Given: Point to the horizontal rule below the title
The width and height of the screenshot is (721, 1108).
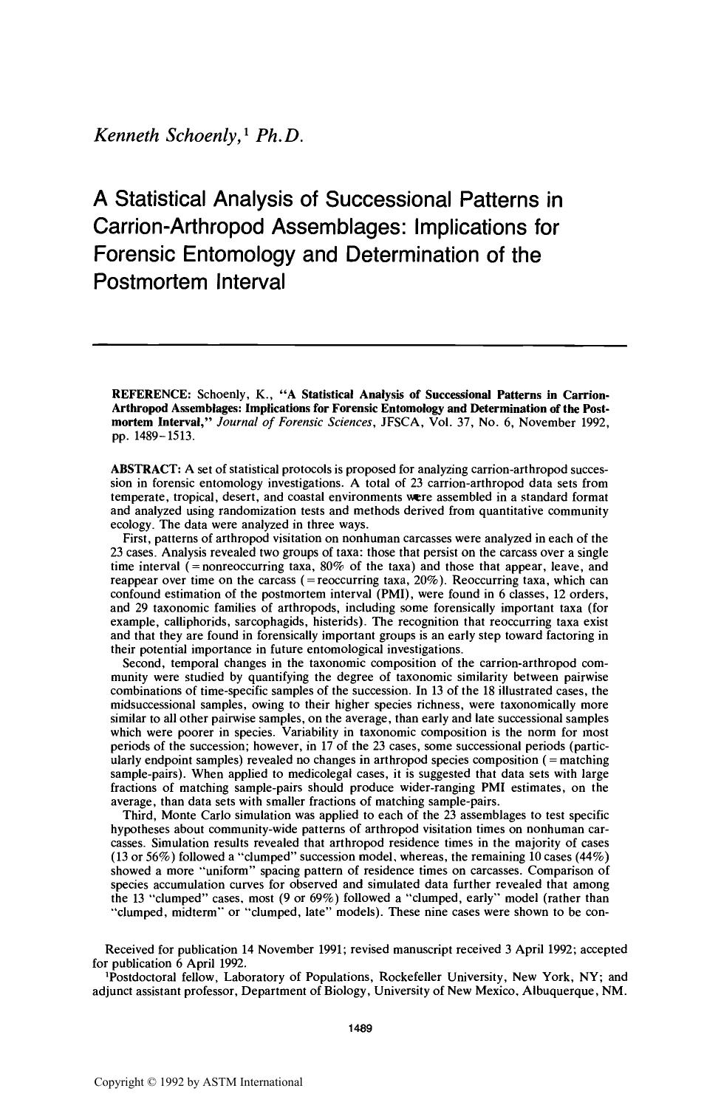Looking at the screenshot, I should tap(359, 344).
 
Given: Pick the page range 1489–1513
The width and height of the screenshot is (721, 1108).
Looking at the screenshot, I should tap(151, 435).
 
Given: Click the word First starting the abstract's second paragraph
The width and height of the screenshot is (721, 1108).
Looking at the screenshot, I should tap(137, 538).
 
